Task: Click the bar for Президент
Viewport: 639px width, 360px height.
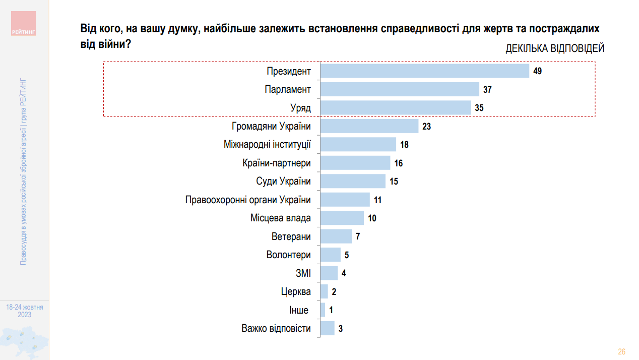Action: (x=424, y=71)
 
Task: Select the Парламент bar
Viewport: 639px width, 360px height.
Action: (x=399, y=90)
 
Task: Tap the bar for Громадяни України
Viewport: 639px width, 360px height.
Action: (x=369, y=126)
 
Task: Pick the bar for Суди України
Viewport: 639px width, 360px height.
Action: (x=352, y=181)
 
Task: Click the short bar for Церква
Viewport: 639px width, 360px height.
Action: (x=324, y=291)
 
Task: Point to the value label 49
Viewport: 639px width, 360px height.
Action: (x=537, y=71)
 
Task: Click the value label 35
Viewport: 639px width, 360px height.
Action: (x=479, y=108)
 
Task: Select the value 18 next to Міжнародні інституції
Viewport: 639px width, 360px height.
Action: (x=404, y=145)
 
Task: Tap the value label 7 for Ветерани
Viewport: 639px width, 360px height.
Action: (x=358, y=236)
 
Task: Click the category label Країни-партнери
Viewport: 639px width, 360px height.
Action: (x=277, y=163)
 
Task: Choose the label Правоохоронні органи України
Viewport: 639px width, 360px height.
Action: (x=248, y=200)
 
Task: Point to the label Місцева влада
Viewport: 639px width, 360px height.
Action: (x=280, y=218)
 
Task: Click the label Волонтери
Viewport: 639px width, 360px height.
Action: (x=288, y=255)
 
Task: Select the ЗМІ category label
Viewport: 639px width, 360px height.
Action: (x=303, y=273)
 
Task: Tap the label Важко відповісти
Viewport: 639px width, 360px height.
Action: (x=276, y=329)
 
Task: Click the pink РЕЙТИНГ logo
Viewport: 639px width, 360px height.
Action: (x=24, y=23)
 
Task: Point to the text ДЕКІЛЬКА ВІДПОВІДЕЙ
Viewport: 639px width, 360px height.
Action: (x=555, y=49)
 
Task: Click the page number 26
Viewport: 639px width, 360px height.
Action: (x=621, y=351)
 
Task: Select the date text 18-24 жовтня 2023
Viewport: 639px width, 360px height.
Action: (x=25, y=311)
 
